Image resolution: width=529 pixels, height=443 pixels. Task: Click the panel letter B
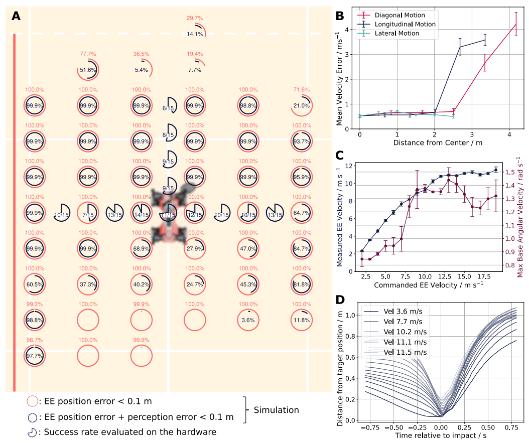pyautogui.click(x=340, y=16)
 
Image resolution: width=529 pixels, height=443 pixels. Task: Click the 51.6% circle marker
pyautogui.click(x=88, y=70)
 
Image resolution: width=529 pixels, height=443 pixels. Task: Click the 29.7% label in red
pyautogui.click(x=195, y=18)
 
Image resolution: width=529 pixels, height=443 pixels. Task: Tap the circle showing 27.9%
pyautogui.click(x=195, y=248)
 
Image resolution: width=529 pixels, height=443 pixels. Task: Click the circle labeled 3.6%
pyautogui.click(x=248, y=320)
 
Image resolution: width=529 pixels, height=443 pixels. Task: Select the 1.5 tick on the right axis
pyautogui.click(x=509, y=172)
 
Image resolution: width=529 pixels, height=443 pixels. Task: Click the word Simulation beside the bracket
pyautogui.click(x=277, y=410)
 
